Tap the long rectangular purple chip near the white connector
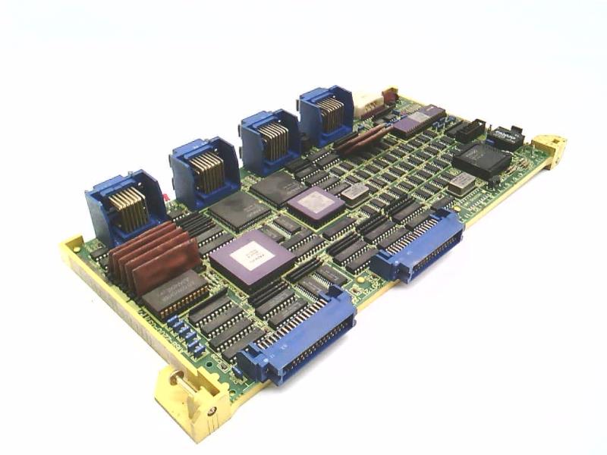coord(418,120)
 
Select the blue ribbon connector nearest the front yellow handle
coord(304,338)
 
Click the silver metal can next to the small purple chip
coord(354,192)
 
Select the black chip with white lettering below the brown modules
coord(174,293)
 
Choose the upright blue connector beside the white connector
coord(326,115)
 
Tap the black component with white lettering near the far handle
coord(505,136)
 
